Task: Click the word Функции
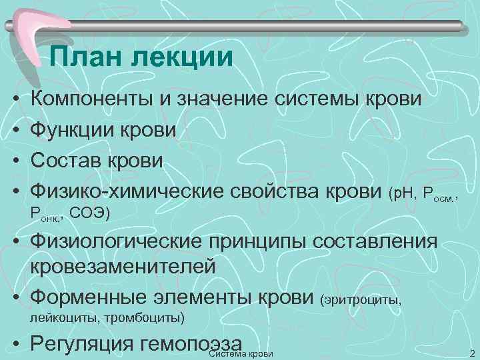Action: click(x=75, y=129)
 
